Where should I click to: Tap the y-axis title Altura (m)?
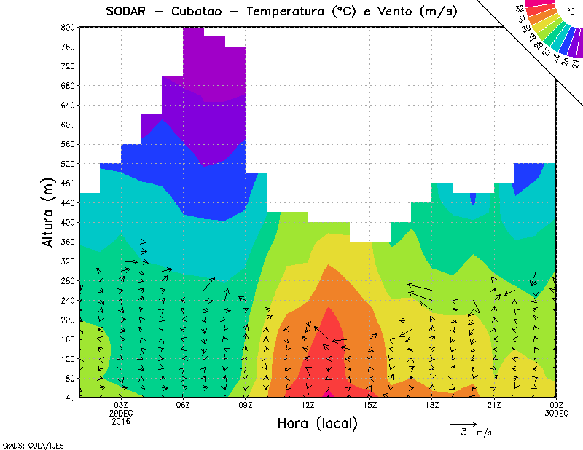[49, 212]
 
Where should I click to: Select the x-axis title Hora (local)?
[317, 423]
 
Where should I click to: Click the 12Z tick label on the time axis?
[308, 405]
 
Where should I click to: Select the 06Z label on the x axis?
[184, 405]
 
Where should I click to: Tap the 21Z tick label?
[495, 405]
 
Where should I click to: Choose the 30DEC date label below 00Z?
[557, 413]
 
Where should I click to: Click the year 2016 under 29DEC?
[122, 421]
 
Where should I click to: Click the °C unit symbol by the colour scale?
[571, 11]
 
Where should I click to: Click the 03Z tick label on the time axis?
[122, 405]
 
